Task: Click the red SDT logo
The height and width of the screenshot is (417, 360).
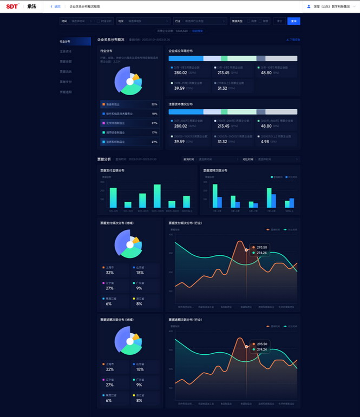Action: click(12, 6)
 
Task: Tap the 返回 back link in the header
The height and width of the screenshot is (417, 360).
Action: click(56, 6)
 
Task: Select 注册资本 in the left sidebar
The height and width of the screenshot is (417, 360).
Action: click(66, 51)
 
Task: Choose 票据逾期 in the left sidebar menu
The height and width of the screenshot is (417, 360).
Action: click(66, 92)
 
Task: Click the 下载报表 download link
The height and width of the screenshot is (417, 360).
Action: click(293, 40)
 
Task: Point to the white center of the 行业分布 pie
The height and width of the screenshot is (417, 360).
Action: click(130, 82)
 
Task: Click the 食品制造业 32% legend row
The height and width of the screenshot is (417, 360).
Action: click(129, 104)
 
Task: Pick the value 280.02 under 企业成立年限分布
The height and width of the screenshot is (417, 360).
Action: click(180, 72)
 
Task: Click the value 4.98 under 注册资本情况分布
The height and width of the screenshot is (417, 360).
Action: click(265, 141)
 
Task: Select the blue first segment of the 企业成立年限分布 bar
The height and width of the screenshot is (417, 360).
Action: click(186, 58)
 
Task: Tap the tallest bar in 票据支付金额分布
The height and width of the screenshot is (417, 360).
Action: click(157, 196)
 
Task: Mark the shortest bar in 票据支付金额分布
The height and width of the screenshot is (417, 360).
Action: click(128, 205)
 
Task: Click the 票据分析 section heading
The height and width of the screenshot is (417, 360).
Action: click(104, 160)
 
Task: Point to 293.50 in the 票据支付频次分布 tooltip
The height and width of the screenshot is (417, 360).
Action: click(262, 247)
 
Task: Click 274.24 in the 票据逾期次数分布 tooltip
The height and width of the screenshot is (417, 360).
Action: click(262, 349)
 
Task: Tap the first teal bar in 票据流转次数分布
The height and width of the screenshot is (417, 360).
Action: click(215, 196)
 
